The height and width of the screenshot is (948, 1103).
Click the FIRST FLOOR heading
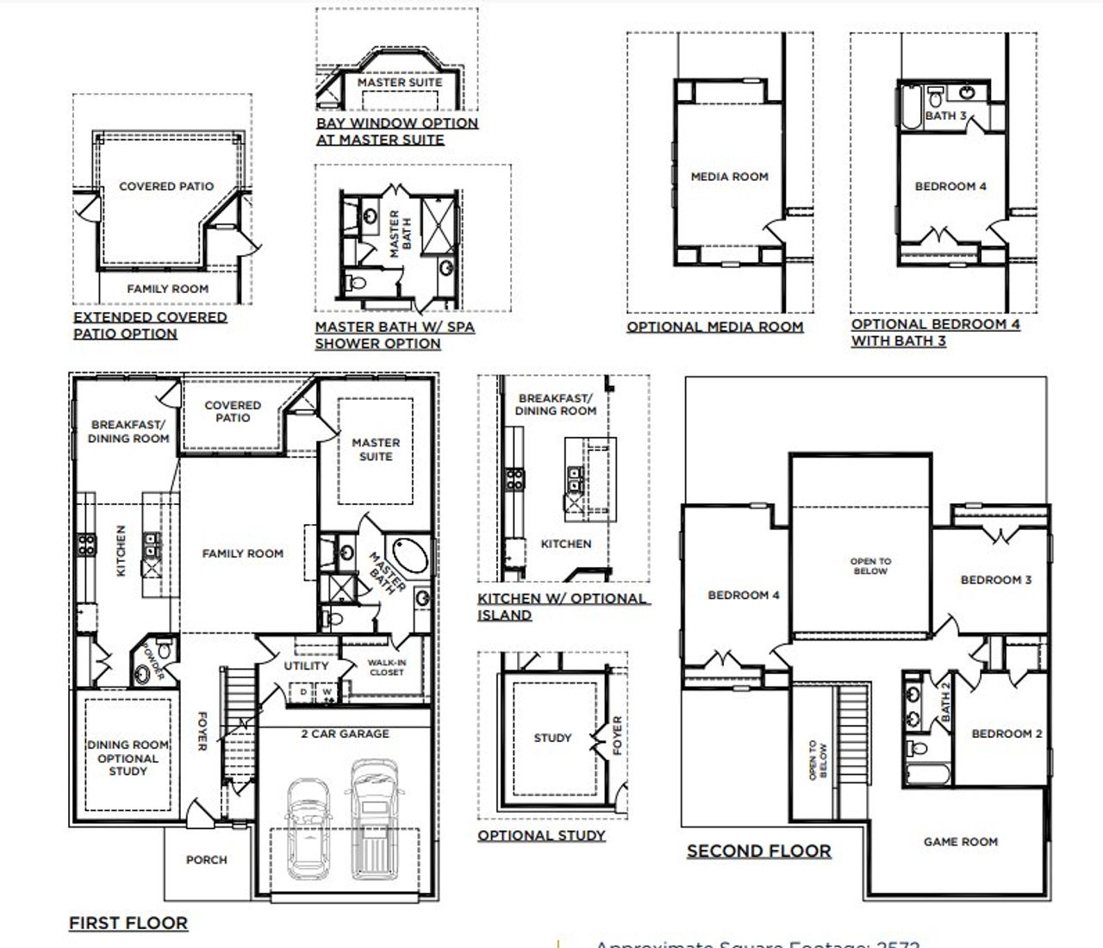pyautogui.click(x=128, y=923)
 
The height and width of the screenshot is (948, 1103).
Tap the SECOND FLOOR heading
pyautogui.click(x=758, y=851)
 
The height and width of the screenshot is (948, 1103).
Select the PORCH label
pyautogui.click(x=207, y=859)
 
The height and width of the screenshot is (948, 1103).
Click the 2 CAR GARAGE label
pyautogui.click(x=345, y=733)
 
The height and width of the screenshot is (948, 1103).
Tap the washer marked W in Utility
pyautogui.click(x=327, y=691)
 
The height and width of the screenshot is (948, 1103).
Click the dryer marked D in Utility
pyautogui.click(x=304, y=691)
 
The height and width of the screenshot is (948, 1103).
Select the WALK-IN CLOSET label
pyautogui.click(x=386, y=667)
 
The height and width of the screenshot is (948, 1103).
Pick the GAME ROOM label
pyautogui.click(x=960, y=842)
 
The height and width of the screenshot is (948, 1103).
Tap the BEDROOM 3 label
pyautogui.click(x=995, y=580)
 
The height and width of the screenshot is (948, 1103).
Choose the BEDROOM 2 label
pyautogui.click(x=1006, y=733)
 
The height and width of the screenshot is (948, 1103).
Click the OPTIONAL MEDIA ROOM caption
pyautogui.click(x=714, y=327)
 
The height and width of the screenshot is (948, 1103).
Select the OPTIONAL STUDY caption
pyautogui.click(x=541, y=835)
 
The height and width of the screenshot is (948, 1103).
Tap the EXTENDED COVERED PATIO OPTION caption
pyautogui.click(x=150, y=325)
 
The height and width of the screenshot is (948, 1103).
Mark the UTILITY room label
pyautogui.click(x=306, y=665)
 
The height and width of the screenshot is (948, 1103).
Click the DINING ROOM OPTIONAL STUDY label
pyautogui.click(x=128, y=758)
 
